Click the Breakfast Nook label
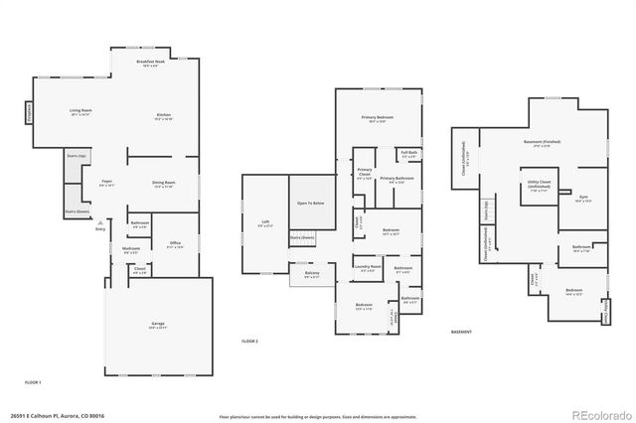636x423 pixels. tap(151, 64)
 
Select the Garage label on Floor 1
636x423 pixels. tap(159, 325)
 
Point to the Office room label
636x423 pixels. tap(175, 244)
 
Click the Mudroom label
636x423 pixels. tap(131, 250)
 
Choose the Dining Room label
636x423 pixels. tap(164, 184)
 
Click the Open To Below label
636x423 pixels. tap(310, 203)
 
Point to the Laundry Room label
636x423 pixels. tap(368, 268)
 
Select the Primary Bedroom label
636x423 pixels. tap(378, 119)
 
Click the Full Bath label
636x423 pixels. tap(408, 153)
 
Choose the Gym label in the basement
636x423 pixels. tap(583, 198)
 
